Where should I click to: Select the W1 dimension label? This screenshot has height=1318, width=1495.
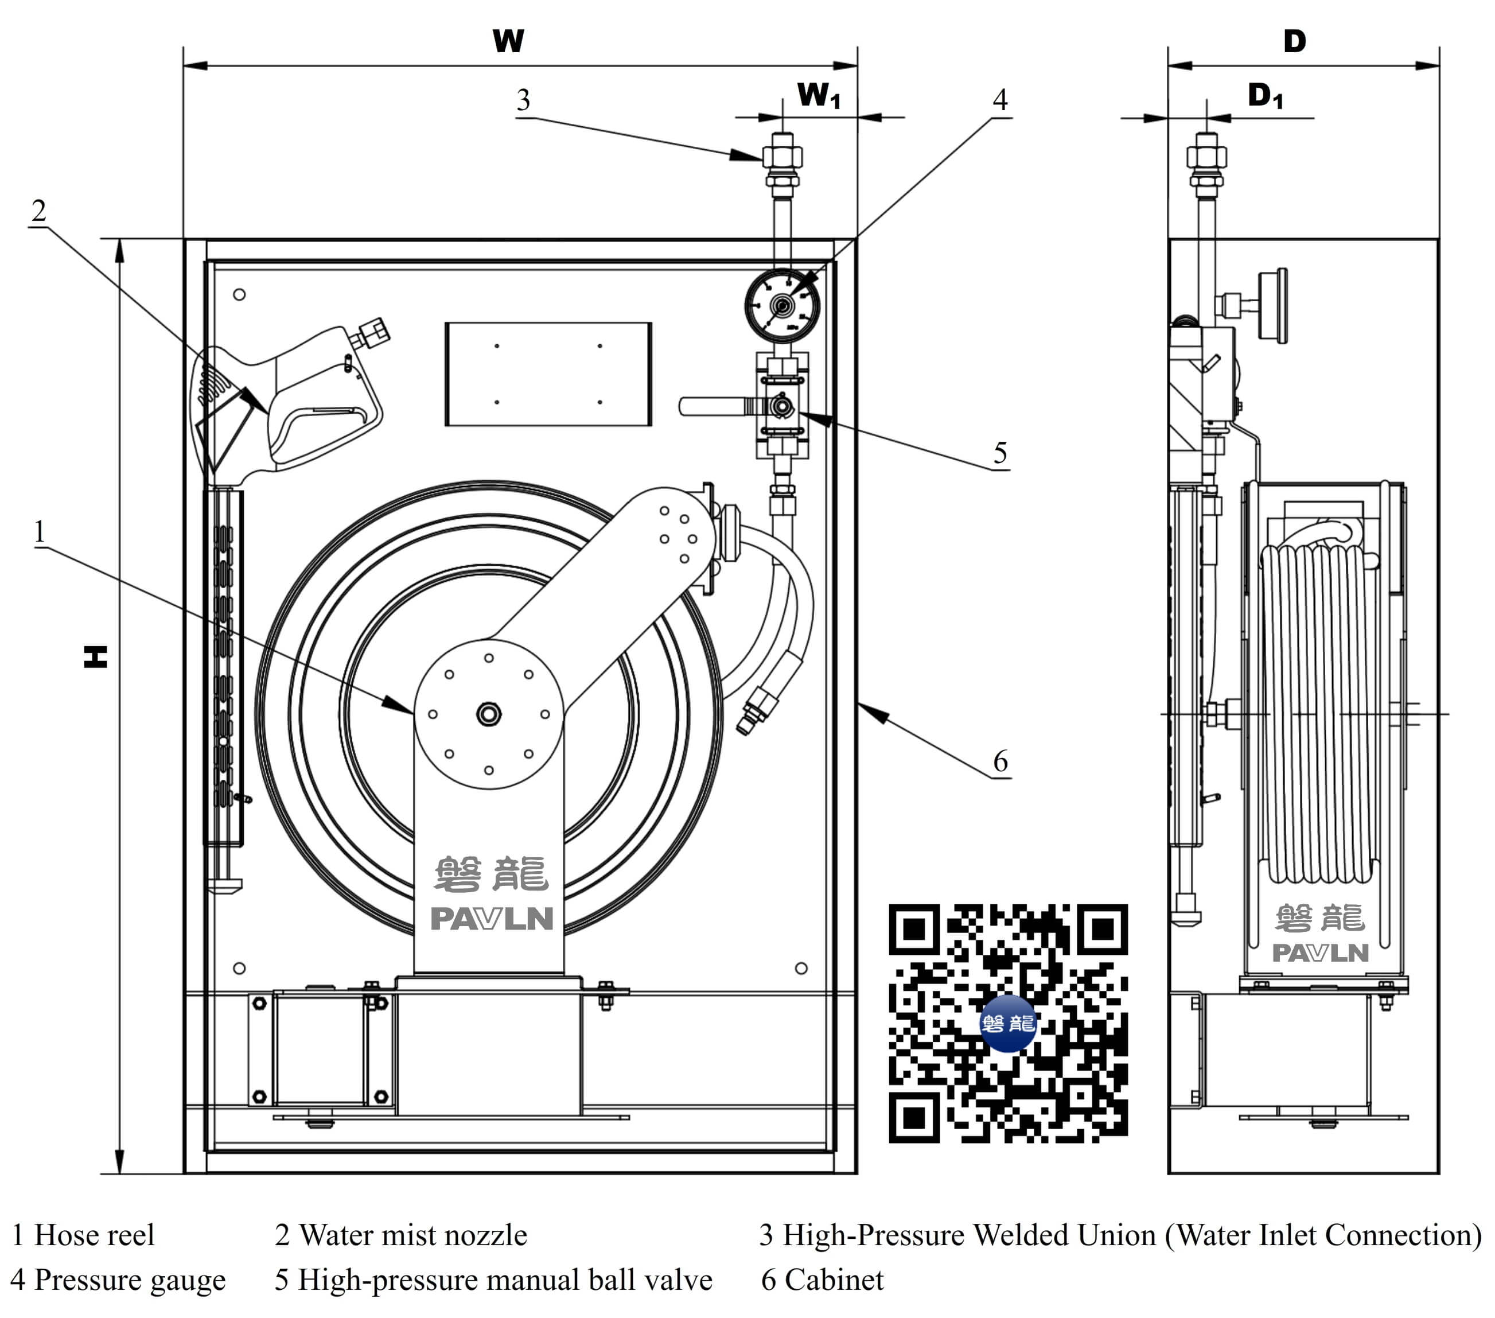click(x=817, y=95)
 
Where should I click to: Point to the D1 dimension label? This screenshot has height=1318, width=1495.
click(x=1264, y=95)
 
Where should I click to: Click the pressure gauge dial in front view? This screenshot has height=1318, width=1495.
click(x=782, y=306)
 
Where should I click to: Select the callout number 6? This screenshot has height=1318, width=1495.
click(x=1000, y=761)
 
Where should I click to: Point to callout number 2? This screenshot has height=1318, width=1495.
click(x=39, y=211)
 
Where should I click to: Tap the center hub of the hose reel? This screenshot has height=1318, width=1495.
click(x=489, y=714)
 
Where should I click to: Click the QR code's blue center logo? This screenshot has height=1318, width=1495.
click(x=1007, y=1022)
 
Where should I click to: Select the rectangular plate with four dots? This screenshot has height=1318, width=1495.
click(x=548, y=374)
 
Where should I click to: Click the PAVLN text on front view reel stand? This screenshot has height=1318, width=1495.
click(x=492, y=919)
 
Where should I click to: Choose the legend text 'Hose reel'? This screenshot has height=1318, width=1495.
click(x=94, y=1235)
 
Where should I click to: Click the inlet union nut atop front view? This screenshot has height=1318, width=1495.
click(x=782, y=157)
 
